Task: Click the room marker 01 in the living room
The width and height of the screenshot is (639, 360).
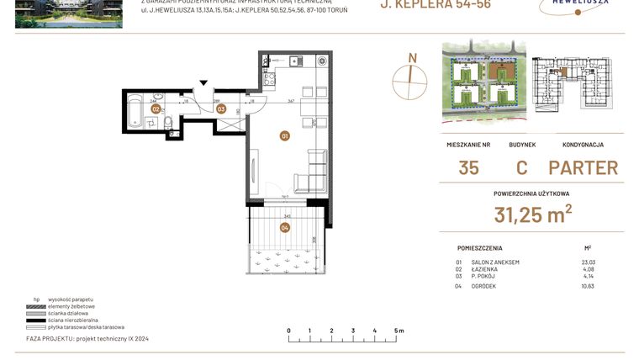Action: pos(285,135)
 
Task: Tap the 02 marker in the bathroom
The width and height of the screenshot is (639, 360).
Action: pos(156,109)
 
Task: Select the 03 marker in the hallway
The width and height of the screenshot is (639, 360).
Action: pos(221,109)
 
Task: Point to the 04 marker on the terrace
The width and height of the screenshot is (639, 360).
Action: pos(285,227)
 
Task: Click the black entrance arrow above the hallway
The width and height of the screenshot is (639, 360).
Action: pos(203,82)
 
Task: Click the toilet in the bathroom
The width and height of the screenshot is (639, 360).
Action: pos(168,127)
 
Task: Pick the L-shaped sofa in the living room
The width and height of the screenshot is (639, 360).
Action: pos(312,172)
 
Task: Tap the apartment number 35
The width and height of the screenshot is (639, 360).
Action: pos(468,167)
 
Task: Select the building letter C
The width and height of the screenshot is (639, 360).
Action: pos(521,167)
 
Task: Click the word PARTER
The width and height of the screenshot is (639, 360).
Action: pos(583,167)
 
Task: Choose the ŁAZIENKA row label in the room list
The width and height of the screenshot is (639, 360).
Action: pos(488,270)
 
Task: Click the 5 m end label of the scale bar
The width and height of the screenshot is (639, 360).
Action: pos(398,331)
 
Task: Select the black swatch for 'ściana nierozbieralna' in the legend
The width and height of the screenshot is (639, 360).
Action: pos(37,320)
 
